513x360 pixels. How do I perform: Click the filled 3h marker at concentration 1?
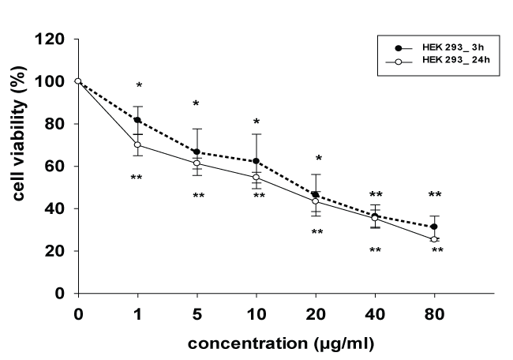(137, 120)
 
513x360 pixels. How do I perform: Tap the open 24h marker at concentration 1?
(137, 144)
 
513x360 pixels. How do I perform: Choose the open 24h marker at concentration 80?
(433, 239)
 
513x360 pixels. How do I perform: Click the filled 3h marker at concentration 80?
(433, 227)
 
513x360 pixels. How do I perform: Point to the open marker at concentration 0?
(78, 81)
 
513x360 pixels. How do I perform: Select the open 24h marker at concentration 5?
(197, 163)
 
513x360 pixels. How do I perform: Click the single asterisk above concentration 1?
(139, 86)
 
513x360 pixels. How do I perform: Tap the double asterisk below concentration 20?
(316, 232)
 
